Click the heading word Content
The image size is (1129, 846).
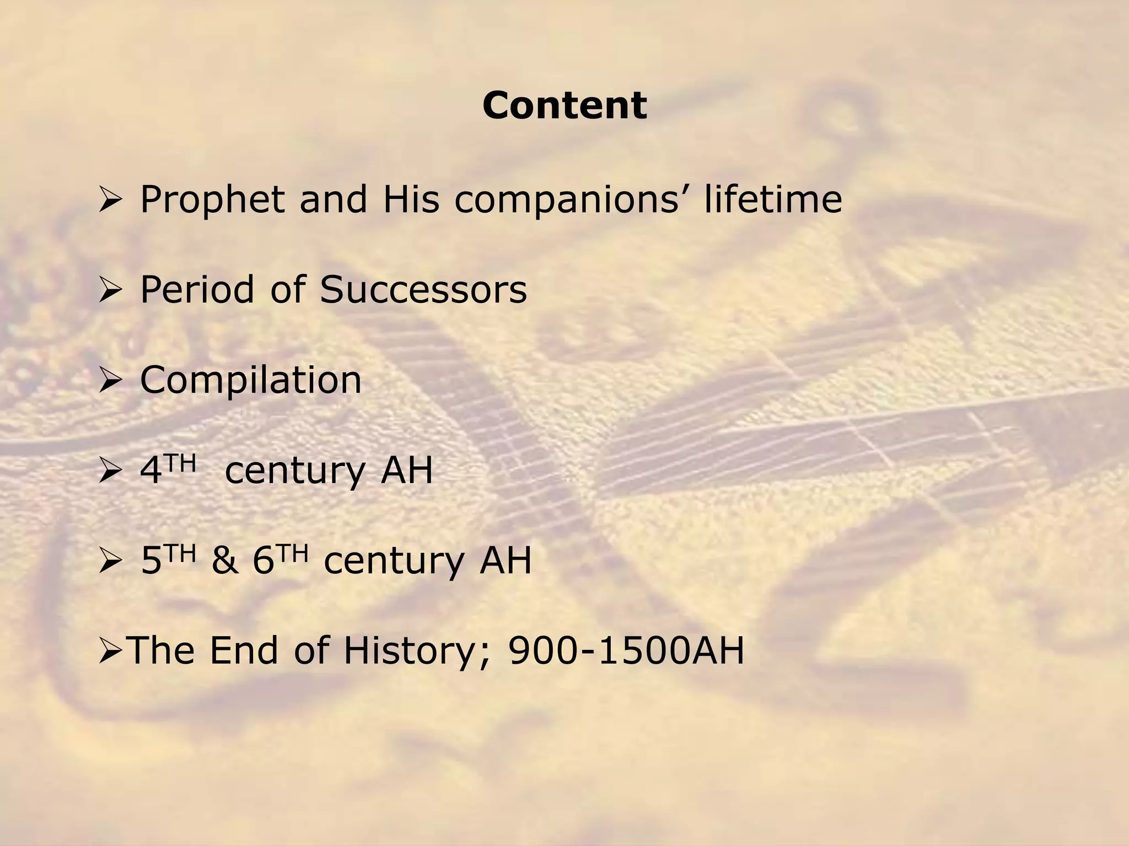pos(564,105)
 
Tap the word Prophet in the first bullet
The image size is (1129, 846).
pos(213,199)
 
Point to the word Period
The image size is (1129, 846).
pos(197,289)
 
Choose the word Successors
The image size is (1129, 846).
pos(423,290)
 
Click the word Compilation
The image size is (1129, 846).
pos(251,380)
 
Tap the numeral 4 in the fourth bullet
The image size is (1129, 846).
pos(150,471)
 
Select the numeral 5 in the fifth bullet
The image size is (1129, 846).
pos(151,561)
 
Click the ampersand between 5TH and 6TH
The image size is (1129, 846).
pos(225,561)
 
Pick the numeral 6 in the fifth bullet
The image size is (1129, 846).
pos(264,561)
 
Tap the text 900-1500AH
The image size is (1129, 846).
pos(626,651)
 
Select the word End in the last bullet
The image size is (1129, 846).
pos(245,651)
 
